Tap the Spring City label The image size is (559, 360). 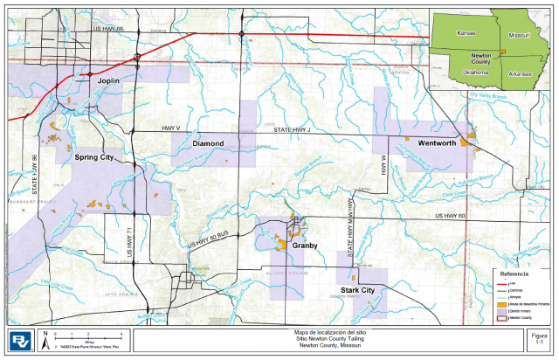94,157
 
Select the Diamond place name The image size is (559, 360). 209,142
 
